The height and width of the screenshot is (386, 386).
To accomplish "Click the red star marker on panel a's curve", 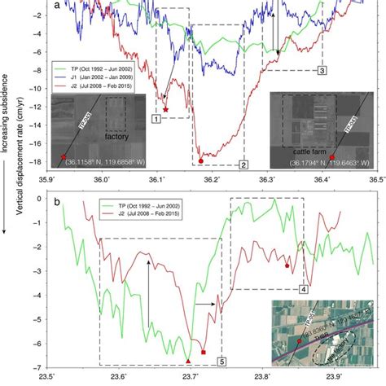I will tap(166, 108).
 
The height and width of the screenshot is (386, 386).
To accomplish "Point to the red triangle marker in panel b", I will tap(188, 360).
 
